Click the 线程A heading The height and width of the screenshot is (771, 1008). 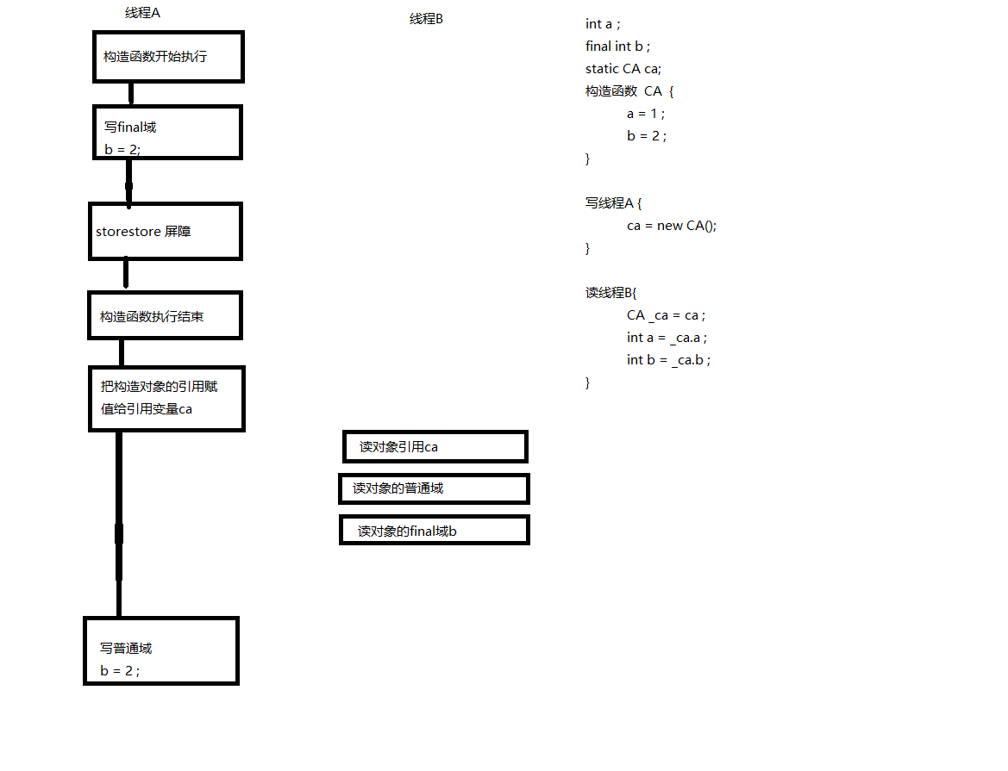point(142,13)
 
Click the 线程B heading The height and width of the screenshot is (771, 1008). point(426,19)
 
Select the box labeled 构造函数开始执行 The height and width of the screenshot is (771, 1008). point(168,57)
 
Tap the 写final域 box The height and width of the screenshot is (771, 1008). point(167,133)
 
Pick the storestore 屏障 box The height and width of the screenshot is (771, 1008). point(165,231)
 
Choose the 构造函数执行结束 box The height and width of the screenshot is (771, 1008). point(165,315)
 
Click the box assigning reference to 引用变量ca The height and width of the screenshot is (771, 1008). point(166,398)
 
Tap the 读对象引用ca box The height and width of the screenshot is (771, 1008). point(434,447)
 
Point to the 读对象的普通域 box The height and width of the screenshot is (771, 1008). point(434,488)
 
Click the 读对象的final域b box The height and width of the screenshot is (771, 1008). point(434,531)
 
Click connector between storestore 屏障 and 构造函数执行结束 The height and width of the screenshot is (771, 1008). point(126,275)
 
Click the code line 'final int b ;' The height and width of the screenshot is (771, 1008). point(617,47)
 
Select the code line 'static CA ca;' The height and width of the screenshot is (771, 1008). point(623,69)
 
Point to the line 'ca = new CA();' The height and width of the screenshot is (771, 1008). point(672,226)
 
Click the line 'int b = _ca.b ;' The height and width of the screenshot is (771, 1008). point(668,360)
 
